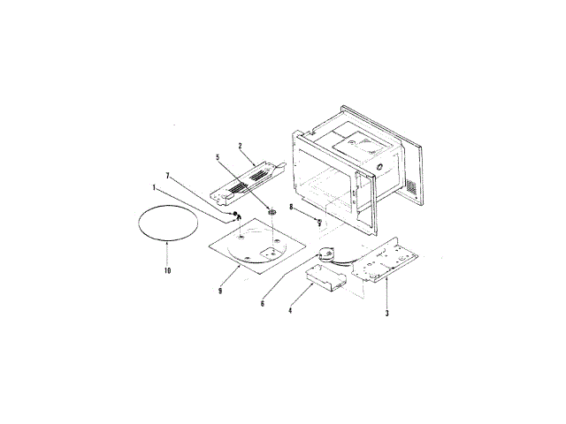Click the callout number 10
tap(167, 270)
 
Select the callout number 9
tap(220, 291)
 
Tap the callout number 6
tap(263, 304)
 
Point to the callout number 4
tap(290, 310)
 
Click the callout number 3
tap(387, 313)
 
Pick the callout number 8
tap(291, 207)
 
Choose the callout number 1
tap(154, 188)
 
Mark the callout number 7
tap(167, 176)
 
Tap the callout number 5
tap(218, 157)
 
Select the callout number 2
tap(240, 146)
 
